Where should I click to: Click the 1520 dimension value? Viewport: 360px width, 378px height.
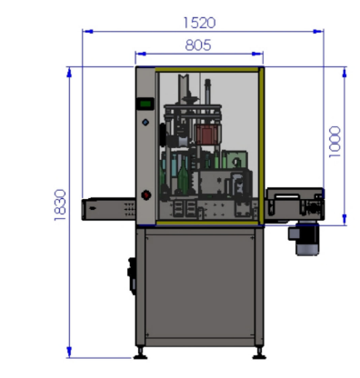point(200,23)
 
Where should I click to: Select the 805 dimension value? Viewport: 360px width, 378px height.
point(198,45)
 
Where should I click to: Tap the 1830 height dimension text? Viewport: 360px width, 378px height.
point(60,205)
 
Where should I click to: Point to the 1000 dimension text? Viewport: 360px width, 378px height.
point(335,142)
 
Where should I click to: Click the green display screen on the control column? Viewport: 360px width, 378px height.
point(145,104)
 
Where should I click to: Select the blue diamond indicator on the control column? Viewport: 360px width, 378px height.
point(145,123)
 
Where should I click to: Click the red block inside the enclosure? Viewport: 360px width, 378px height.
point(206,134)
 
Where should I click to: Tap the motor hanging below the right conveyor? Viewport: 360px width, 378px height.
point(304,239)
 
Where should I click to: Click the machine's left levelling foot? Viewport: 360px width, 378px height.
point(140,353)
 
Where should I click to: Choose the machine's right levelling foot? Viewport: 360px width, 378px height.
point(259,353)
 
